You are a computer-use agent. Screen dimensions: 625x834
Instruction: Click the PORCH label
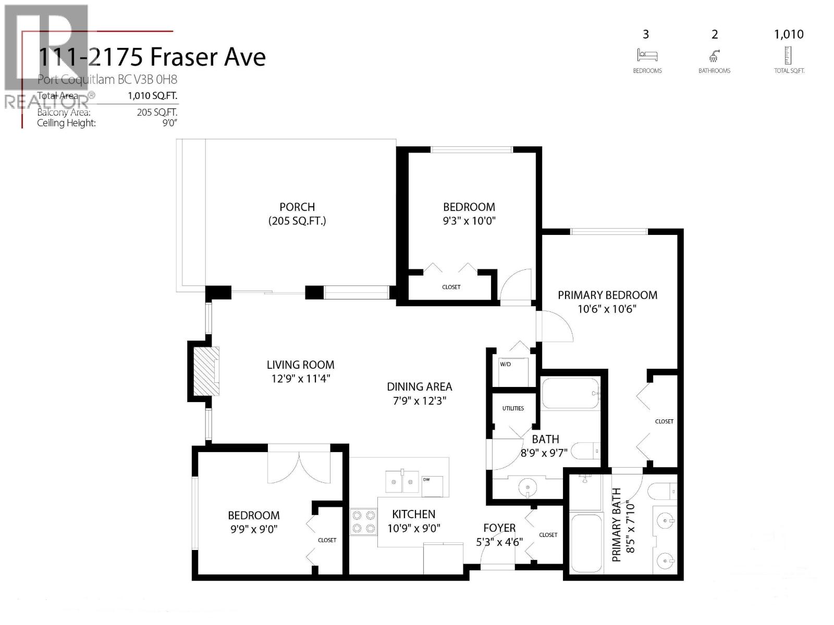297,207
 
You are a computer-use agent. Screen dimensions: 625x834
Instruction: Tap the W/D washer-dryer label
505,364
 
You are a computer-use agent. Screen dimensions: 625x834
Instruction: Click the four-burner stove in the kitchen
364,522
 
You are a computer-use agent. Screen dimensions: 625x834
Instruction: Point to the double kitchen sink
402,481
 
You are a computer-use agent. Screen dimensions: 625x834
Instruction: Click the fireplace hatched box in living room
206,371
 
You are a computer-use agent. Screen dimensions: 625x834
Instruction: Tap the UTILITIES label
513,408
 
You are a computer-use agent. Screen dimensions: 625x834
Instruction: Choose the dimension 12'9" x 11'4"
301,379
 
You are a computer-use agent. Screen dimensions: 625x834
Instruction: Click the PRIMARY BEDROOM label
607,295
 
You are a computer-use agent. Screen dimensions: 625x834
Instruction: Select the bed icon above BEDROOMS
647,55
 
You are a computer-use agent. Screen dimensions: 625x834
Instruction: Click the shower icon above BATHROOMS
714,55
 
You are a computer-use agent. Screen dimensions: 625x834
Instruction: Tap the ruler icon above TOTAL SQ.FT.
788,55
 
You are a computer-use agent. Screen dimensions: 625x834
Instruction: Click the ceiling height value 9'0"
169,123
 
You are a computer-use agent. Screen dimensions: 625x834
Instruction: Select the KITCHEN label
413,515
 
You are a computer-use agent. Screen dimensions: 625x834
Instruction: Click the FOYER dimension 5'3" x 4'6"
499,542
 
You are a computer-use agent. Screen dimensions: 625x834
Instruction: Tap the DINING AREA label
419,387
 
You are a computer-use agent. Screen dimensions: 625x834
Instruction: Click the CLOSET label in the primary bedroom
664,421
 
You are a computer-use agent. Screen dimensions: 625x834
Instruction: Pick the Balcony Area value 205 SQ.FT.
157,112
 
